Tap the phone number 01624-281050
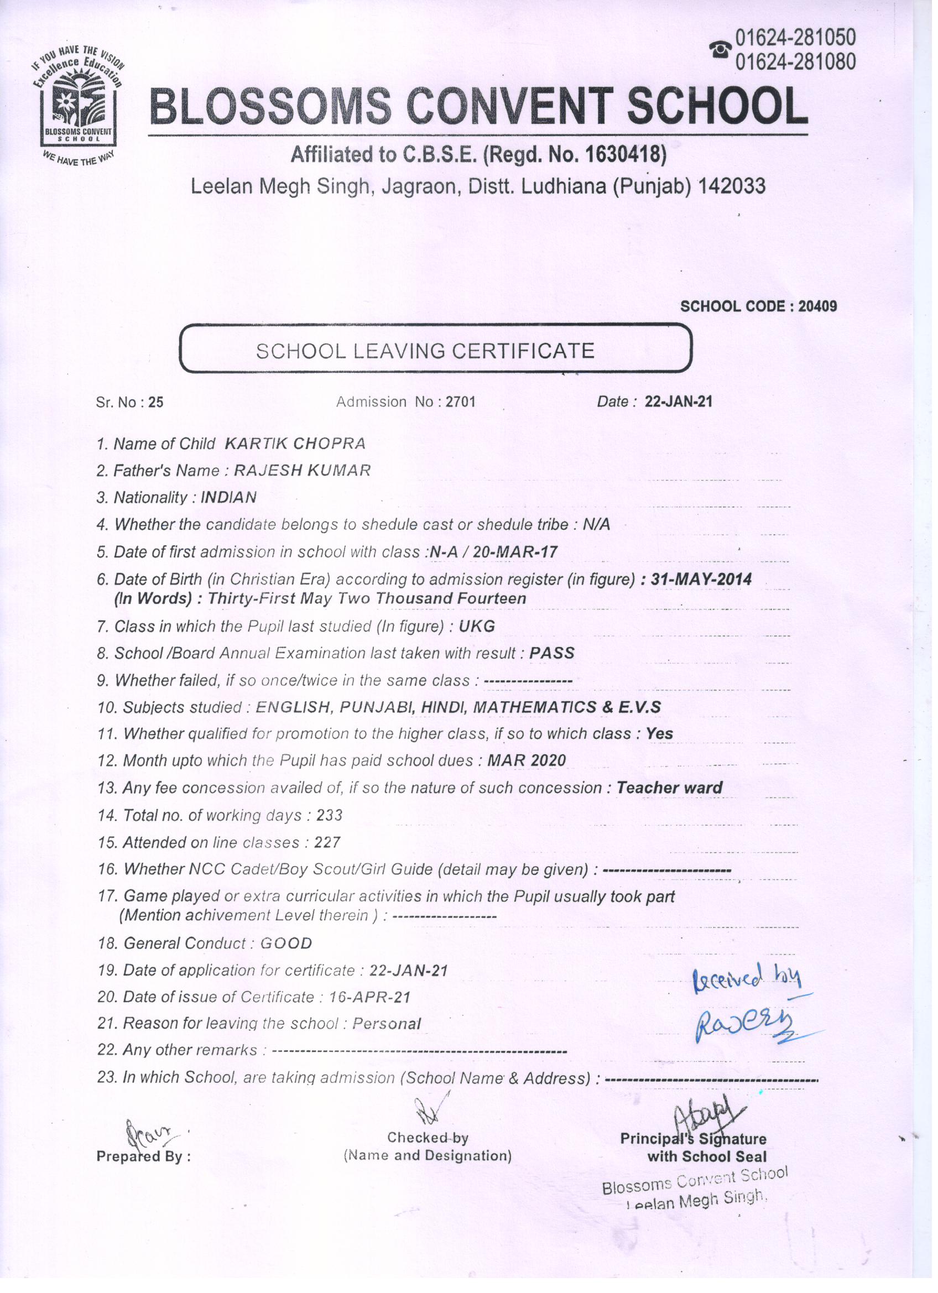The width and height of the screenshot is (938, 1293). click(x=795, y=37)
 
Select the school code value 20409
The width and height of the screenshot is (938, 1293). click(x=817, y=307)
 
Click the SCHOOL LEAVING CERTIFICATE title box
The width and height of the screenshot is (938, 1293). click(x=436, y=349)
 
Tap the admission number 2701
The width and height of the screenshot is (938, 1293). click(x=460, y=402)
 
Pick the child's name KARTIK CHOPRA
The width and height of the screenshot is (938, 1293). click(x=295, y=444)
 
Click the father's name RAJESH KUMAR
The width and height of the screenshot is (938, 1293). click(x=303, y=470)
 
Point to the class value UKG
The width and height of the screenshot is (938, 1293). click(x=477, y=627)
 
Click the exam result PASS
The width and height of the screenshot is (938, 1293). click(x=551, y=653)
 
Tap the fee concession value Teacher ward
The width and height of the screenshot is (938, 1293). click(x=669, y=788)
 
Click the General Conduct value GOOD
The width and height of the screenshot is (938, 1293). click(x=286, y=943)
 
